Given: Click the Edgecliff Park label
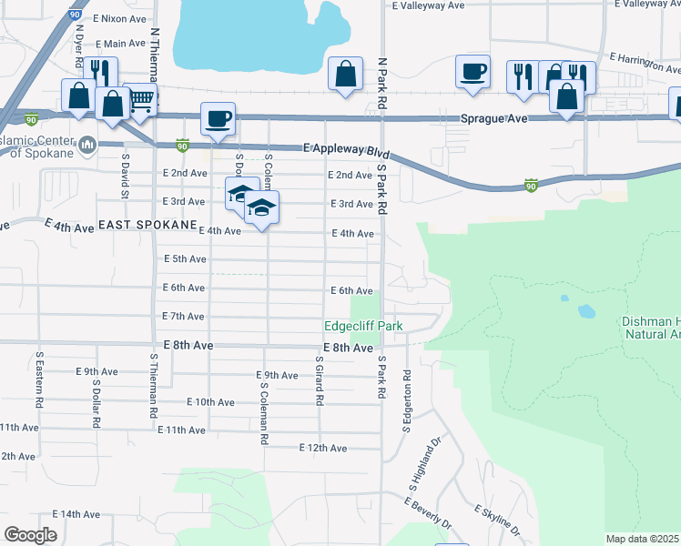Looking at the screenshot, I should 363,326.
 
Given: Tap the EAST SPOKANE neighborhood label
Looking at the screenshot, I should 147,224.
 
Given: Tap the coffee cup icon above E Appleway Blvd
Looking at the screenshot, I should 219,118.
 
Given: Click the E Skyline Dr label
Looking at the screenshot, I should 497,521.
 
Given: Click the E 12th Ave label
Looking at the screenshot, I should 323,448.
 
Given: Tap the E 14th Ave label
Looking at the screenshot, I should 76,514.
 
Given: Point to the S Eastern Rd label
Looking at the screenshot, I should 39,379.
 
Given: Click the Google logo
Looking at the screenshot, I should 30,534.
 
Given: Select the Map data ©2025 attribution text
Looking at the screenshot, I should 643,539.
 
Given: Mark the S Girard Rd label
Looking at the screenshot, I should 320,379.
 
